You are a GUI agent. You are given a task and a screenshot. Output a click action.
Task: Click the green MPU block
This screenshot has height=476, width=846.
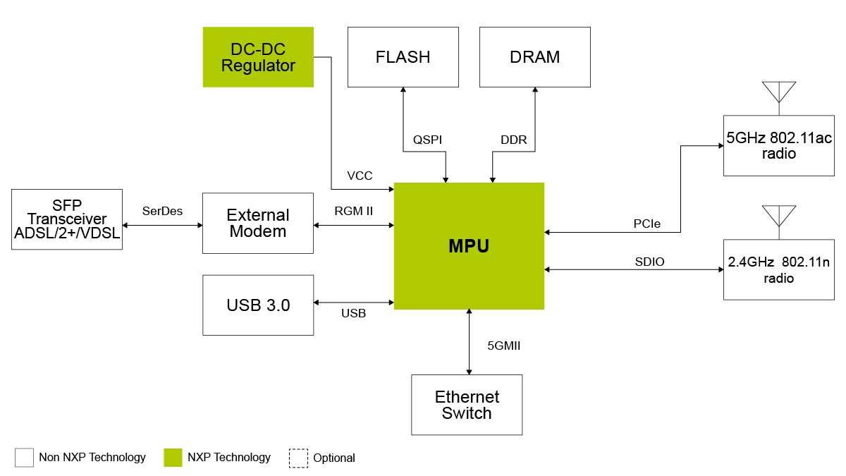click(x=469, y=245)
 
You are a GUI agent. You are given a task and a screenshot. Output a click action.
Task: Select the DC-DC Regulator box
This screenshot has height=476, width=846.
click(x=258, y=57)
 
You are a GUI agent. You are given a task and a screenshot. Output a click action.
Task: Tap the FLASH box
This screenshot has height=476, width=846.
click(x=403, y=57)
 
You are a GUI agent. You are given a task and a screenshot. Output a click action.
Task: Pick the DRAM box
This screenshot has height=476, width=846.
click(x=534, y=57)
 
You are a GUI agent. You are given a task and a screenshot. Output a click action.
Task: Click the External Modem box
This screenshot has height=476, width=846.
click(x=258, y=223)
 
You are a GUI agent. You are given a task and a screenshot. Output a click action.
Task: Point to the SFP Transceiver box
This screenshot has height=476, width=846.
click(x=67, y=219)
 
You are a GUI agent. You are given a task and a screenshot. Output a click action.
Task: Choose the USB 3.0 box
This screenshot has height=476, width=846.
click(x=258, y=305)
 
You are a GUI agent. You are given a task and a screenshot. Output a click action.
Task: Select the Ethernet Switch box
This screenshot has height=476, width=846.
click(x=467, y=405)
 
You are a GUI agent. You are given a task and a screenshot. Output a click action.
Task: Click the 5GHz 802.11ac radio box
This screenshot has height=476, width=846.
click(x=779, y=145)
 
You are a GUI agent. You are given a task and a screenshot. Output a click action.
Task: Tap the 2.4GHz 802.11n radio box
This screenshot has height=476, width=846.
click(x=779, y=269)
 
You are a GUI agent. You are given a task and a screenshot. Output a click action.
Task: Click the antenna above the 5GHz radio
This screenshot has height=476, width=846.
click(x=779, y=93)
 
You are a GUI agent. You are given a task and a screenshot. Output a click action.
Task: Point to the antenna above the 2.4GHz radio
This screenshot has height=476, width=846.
click(x=779, y=216)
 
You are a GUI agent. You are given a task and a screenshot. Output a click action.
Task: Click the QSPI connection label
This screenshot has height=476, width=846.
click(x=427, y=140)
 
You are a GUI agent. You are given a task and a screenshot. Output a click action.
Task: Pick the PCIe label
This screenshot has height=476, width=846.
click(x=646, y=224)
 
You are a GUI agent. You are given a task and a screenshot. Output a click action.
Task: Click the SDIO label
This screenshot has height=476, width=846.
click(x=649, y=262)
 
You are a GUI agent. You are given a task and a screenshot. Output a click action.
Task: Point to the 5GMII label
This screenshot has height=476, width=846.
click(x=504, y=346)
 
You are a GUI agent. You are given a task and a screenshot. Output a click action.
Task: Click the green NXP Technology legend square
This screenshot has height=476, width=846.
click(x=173, y=458)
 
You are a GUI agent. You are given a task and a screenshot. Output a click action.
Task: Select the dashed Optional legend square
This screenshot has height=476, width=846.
click(x=298, y=458)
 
